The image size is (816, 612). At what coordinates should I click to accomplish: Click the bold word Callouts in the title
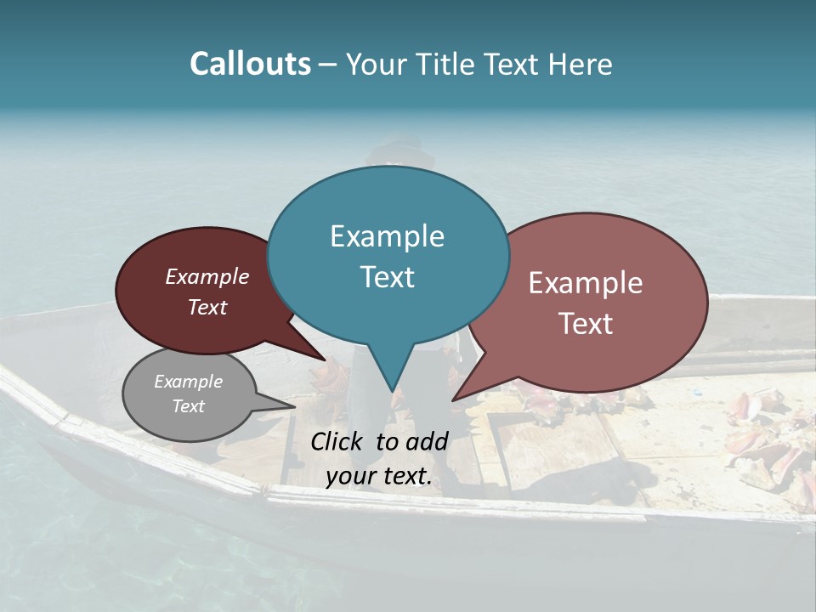pos(250,64)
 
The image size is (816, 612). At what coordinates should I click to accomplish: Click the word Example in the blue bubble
pos(387,236)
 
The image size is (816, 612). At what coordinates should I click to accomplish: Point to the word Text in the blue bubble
pos(387,277)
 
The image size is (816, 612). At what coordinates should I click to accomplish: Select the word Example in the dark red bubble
pos(207,276)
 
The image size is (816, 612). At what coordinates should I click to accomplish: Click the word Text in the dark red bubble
pos(207,307)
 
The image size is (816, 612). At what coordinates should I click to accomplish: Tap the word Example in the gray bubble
pos(188,382)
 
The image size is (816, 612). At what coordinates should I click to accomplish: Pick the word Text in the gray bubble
pos(188,406)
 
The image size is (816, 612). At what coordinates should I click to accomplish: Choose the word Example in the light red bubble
pos(585,283)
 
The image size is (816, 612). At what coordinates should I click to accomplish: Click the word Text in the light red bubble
pos(585,324)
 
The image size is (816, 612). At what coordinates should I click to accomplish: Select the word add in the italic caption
pos(427,441)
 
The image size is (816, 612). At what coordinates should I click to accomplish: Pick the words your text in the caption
pos(378,476)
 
